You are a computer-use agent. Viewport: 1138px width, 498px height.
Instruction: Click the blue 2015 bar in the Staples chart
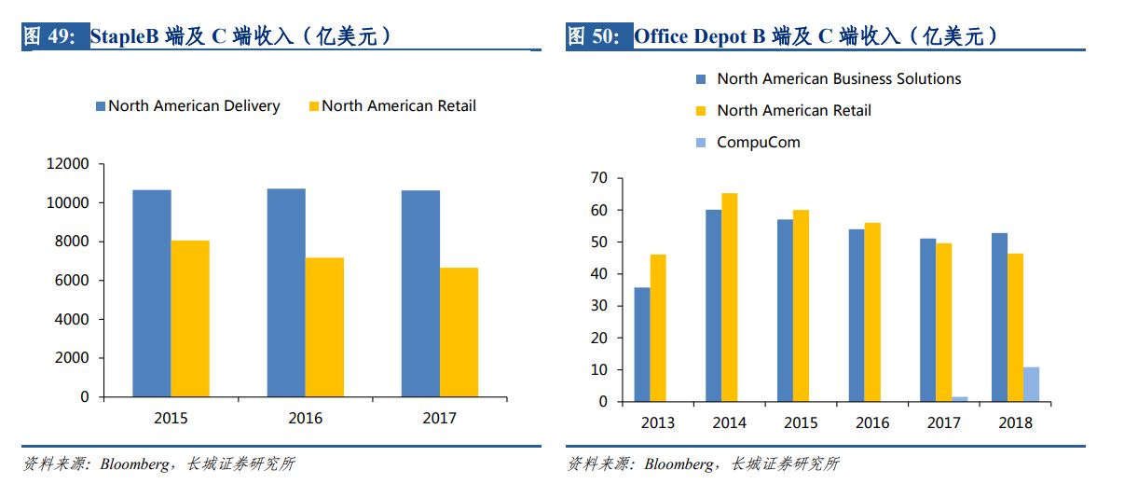click(x=152, y=293)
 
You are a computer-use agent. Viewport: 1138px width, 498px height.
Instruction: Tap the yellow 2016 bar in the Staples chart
click(x=324, y=326)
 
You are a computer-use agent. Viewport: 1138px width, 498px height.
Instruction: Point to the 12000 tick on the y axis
click(x=67, y=164)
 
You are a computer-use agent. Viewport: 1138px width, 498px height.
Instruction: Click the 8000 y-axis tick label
click(x=71, y=242)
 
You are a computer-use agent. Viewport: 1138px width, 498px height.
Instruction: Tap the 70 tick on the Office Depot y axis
click(x=598, y=178)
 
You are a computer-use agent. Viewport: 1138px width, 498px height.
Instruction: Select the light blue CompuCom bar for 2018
click(x=1031, y=384)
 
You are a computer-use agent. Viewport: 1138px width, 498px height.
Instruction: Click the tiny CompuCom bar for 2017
click(x=960, y=399)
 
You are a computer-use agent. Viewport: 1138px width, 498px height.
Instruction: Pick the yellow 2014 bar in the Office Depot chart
click(x=729, y=297)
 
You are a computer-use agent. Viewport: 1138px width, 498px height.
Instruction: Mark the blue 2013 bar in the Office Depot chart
click(x=642, y=344)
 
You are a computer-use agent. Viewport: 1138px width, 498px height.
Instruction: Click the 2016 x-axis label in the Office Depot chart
click(x=872, y=423)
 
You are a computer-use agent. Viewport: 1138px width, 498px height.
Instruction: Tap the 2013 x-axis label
click(x=658, y=423)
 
